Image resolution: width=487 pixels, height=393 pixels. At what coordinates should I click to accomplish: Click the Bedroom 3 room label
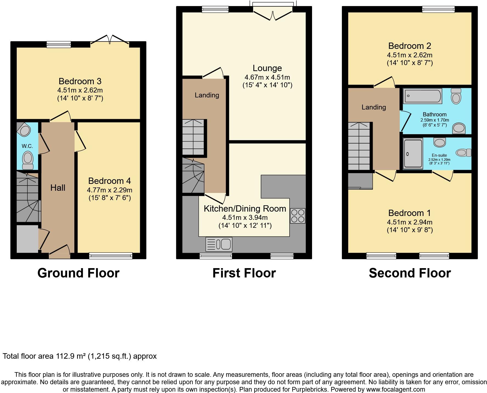(x=80, y=81)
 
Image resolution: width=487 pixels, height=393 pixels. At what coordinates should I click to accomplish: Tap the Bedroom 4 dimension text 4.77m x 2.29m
(x=109, y=190)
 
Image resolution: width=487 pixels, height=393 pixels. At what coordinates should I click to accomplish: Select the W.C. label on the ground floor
(x=27, y=146)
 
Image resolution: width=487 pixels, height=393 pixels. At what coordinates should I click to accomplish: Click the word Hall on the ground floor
(x=58, y=188)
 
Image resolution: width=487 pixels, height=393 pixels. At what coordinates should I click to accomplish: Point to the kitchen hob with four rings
(x=298, y=216)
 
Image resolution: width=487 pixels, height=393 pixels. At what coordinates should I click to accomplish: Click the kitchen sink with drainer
(x=219, y=244)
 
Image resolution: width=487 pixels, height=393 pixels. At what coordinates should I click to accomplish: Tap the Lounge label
(x=267, y=68)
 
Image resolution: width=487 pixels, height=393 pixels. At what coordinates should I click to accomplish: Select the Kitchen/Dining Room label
(x=245, y=209)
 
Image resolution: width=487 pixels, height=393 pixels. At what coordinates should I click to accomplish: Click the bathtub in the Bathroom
(x=422, y=96)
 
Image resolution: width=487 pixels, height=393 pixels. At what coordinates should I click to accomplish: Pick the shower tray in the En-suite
(x=413, y=153)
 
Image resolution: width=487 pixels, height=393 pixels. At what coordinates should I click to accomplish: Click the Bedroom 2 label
(x=410, y=46)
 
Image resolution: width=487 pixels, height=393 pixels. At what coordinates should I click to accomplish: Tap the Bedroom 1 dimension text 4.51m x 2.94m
(x=410, y=222)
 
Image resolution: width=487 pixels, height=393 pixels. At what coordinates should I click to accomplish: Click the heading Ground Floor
(x=78, y=273)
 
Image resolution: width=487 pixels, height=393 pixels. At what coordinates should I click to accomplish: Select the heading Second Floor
(x=410, y=273)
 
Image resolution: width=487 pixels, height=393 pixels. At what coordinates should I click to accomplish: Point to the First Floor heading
(x=244, y=273)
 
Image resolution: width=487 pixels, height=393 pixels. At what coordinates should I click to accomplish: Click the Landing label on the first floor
(x=207, y=95)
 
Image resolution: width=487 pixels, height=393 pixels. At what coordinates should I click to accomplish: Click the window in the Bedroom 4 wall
(x=111, y=256)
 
